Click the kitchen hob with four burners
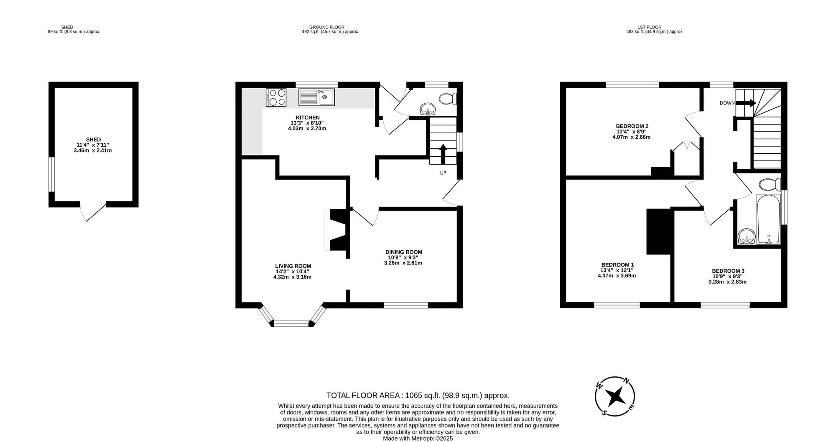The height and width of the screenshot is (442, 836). tap(276, 97)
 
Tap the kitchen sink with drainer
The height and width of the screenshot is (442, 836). tap(316, 97)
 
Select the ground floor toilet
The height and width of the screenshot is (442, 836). tap(448, 99)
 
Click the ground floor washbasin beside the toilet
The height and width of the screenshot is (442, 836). tap(428, 109)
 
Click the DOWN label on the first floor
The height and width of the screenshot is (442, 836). tap(727, 103)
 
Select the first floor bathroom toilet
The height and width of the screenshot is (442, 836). tap(770, 184)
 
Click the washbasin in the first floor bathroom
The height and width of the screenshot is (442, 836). tap(746, 237)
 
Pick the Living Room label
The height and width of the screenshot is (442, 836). tap(293, 266)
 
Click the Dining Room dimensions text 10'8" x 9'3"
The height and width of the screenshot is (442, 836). tap(403, 257)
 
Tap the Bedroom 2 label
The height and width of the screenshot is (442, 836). tap(632, 126)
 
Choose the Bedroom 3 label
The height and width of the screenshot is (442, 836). tap(728, 271)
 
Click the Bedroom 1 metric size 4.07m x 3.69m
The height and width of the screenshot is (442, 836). tap(617, 276)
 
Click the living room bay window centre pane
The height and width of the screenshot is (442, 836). tap(291, 323)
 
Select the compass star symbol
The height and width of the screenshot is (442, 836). tap(614, 396)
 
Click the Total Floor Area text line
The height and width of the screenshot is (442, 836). tap(418, 395)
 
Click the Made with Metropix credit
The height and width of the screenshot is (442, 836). tap(418, 439)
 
